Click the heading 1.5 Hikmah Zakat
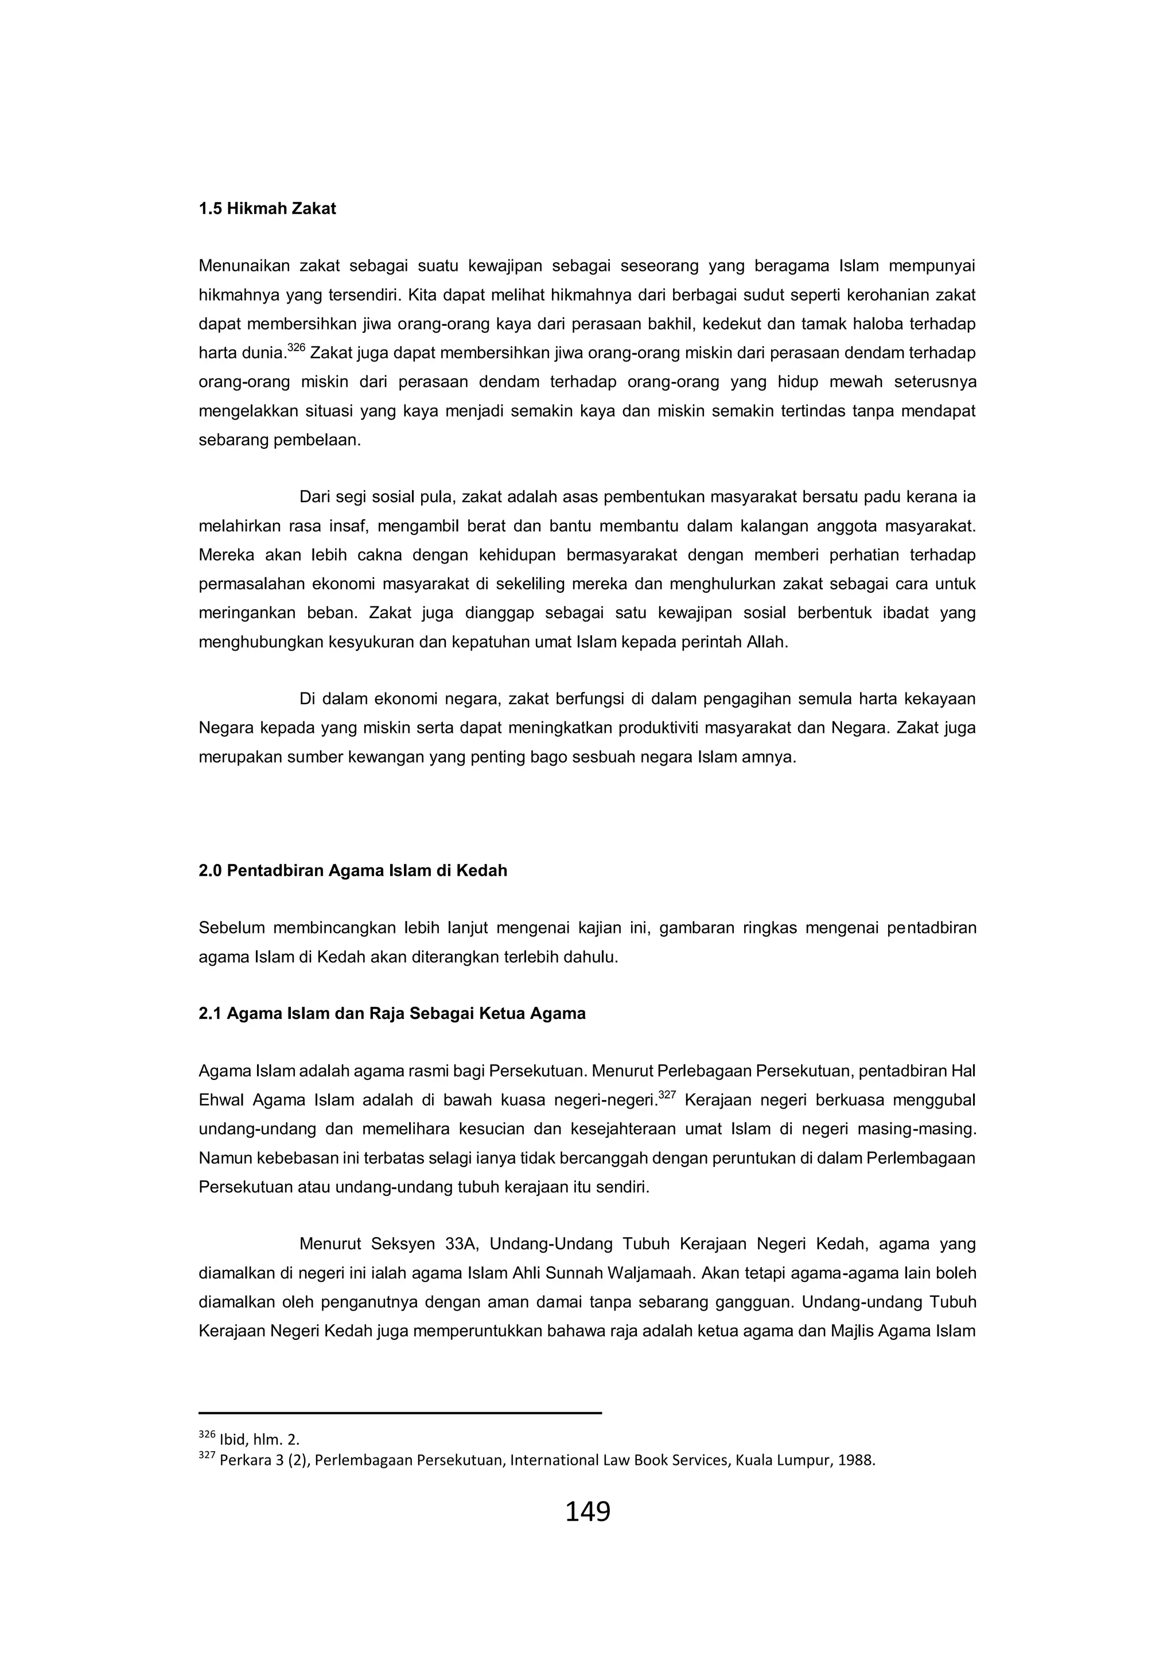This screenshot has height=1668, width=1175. [x=267, y=209]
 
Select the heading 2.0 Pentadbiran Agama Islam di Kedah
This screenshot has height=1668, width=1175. [x=353, y=870]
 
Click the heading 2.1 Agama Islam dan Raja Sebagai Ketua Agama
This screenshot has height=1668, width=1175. [x=392, y=1013]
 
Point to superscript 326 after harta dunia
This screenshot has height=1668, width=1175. [x=295, y=348]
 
